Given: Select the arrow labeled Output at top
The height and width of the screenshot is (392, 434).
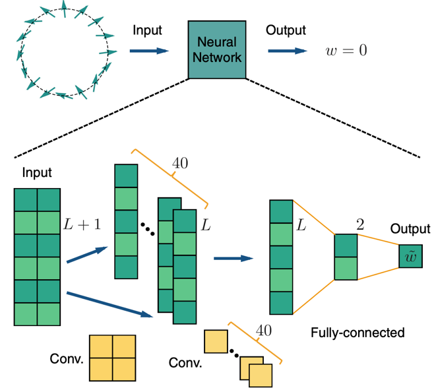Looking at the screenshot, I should point(286,50).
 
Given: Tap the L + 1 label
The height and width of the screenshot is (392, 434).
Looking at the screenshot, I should point(82,224).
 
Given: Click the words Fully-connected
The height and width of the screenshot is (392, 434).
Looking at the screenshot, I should point(357,333).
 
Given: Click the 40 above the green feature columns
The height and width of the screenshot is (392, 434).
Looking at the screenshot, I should point(179,163).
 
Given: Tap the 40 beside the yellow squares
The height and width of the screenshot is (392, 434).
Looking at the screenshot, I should point(264,330).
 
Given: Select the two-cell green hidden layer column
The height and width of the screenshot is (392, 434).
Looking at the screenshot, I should point(345,257).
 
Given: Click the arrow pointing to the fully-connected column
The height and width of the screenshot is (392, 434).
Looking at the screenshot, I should point(235,257).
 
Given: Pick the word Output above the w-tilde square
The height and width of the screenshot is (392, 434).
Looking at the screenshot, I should point(410,229).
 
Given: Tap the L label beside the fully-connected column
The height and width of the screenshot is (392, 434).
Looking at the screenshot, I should point(302,226).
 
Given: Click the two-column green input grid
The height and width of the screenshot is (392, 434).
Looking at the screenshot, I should point(37,257).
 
